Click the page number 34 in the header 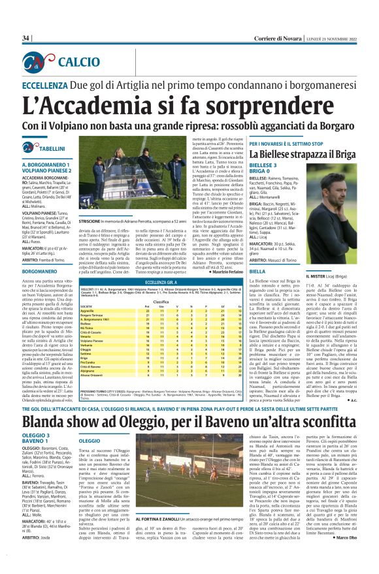click(x=26, y=38)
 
